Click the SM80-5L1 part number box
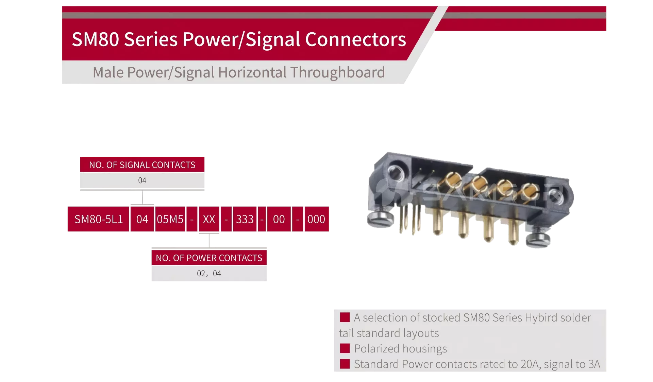[x=98, y=219]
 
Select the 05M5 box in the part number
[x=170, y=219]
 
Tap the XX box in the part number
[x=209, y=219]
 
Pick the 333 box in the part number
[x=245, y=219]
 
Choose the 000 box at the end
[x=316, y=219]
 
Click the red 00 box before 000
[x=279, y=219]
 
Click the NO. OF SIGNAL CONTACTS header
[x=142, y=164]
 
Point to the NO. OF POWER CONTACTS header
[x=209, y=258]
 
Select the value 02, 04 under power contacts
[x=209, y=274]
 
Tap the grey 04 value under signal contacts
[x=142, y=180]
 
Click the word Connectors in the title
[x=355, y=39]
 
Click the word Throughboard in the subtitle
[x=337, y=72]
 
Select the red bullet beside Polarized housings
[x=345, y=348]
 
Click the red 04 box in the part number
[x=142, y=219]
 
